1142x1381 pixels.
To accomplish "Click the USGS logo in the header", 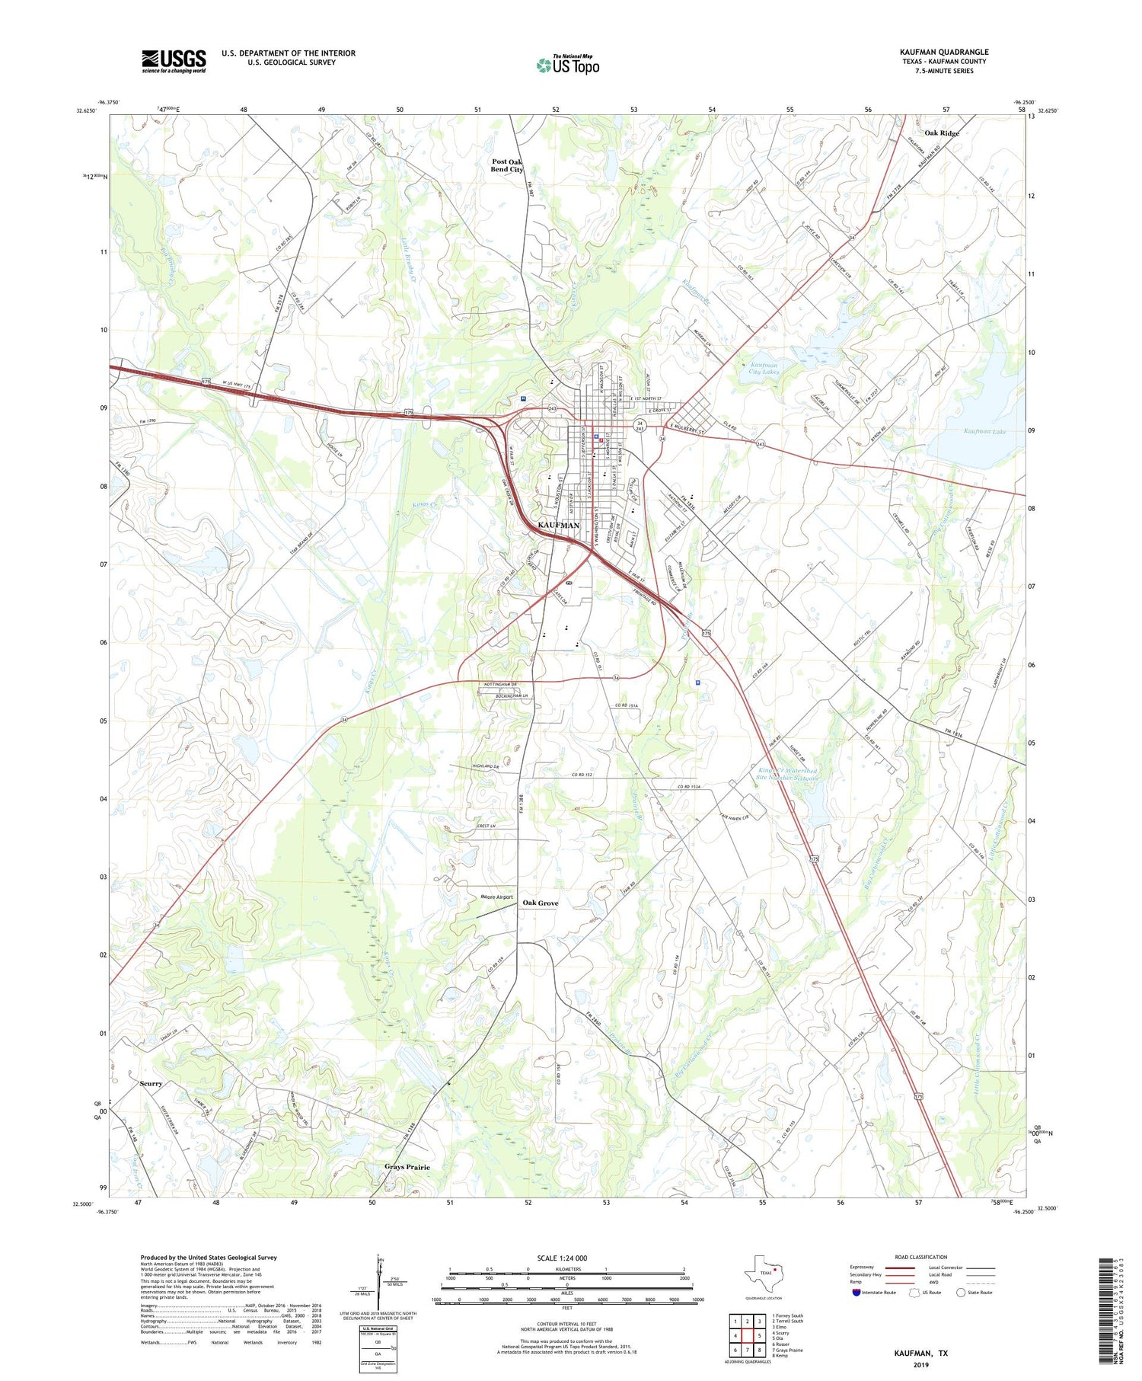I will [x=174, y=61].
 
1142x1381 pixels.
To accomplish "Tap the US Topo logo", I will [x=567, y=65].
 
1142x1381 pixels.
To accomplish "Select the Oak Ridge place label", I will [x=942, y=133].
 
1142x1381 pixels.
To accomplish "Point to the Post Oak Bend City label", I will [x=507, y=165].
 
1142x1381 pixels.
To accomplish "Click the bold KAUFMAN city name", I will [x=558, y=526].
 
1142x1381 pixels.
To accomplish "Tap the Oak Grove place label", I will [x=540, y=903].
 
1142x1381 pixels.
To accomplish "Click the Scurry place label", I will [x=151, y=1083].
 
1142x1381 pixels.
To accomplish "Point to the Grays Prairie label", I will [x=407, y=1167].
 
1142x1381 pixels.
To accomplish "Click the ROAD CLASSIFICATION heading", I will [x=920, y=1257].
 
